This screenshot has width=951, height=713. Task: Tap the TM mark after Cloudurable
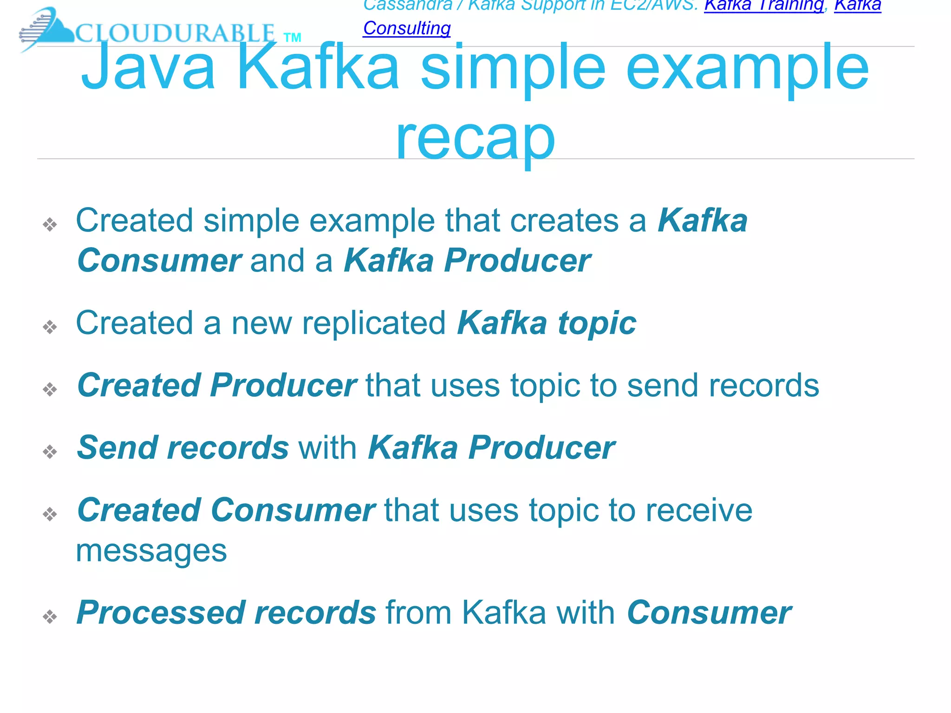point(292,38)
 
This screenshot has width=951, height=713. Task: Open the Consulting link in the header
point(407,28)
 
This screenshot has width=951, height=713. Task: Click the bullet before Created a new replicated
point(50,327)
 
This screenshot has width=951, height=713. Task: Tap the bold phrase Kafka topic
point(547,323)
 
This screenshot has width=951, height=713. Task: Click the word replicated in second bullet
point(374,323)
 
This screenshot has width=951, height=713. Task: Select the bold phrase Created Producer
point(217,385)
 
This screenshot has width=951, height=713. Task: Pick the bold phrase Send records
point(183,447)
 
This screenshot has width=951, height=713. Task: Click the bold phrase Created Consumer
point(226,510)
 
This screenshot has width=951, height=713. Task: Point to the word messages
point(151,551)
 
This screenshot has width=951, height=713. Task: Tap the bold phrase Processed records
point(226,613)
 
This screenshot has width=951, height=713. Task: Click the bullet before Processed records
point(50,616)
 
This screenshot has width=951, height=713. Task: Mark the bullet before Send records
point(50,451)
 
